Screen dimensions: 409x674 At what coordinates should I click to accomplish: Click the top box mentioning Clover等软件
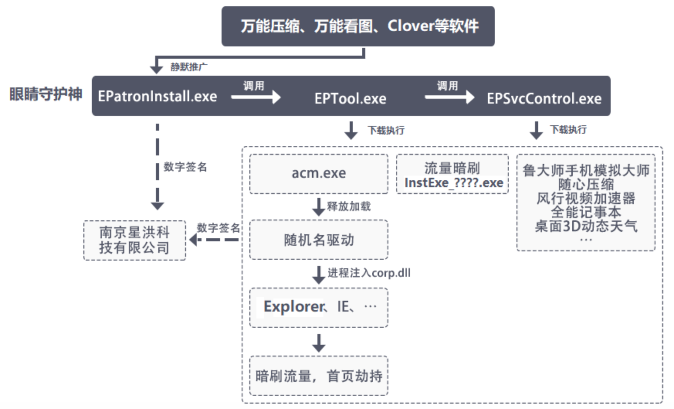358,26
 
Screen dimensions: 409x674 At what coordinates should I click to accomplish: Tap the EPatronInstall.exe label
157,96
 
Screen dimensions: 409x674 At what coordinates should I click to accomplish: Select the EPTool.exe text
350,99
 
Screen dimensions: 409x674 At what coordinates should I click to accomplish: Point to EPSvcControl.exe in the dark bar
544,99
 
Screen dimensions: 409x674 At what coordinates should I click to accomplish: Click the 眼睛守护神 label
46,94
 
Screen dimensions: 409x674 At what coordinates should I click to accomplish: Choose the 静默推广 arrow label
189,67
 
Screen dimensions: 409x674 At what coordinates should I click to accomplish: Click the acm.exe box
319,174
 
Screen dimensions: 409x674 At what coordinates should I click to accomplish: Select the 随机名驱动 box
319,240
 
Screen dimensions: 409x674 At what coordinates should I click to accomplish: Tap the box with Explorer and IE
319,307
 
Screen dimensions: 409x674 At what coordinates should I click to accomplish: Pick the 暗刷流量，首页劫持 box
319,376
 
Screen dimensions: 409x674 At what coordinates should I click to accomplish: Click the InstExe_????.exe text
454,183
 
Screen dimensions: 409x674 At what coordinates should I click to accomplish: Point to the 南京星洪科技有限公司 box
134,240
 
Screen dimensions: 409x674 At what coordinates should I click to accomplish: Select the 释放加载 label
349,206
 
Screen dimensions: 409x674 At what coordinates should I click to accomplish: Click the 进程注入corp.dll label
369,273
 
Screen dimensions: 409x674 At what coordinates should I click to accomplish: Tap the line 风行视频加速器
586,198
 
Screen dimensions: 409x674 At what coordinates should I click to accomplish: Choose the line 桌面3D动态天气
586,226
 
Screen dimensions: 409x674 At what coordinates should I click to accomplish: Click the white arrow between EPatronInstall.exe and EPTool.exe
256,97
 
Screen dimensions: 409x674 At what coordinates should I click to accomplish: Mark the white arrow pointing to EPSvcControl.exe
450,97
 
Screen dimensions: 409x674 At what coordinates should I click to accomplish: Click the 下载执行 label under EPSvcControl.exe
568,130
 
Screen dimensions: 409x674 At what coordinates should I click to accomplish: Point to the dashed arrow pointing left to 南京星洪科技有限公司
214,240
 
